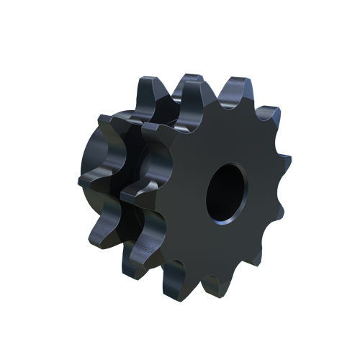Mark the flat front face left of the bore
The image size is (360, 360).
point(184,194)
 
